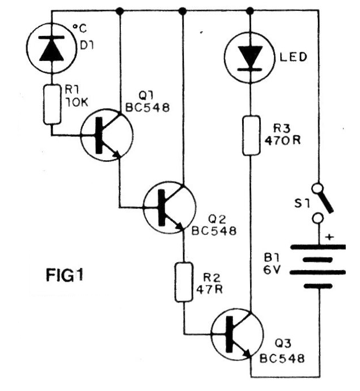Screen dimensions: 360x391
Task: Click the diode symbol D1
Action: pyautogui.click(x=52, y=48)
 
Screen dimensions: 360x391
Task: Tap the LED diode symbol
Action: pyautogui.click(x=250, y=58)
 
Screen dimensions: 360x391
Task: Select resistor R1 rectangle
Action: pyautogui.click(x=52, y=104)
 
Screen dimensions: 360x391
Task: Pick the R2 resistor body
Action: pyautogui.click(x=184, y=282)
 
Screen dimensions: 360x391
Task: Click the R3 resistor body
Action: pyautogui.click(x=251, y=135)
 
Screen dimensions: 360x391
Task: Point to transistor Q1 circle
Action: pyautogui.click(x=107, y=135)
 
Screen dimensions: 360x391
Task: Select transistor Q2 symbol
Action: pyautogui.click(x=169, y=207)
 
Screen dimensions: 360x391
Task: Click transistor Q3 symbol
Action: pyautogui.click(x=237, y=334)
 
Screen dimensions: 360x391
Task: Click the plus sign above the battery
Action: pyautogui.click(x=330, y=237)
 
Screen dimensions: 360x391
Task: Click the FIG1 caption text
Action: pyautogui.click(x=64, y=275)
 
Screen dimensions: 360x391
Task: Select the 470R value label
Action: pyautogui.click(x=283, y=141)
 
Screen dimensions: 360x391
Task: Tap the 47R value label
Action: pyautogui.click(x=209, y=290)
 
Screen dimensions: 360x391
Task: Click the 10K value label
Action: pyautogui.click(x=76, y=102)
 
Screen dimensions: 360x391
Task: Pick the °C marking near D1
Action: pyautogui.click(x=80, y=28)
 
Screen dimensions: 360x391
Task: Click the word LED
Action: pyautogui.click(x=293, y=57)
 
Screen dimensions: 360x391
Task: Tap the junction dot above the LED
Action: pyautogui.click(x=250, y=11)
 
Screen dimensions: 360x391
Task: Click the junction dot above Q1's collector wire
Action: pyautogui.click(x=120, y=11)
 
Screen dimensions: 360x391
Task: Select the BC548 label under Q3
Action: pyautogui.click(x=282, y=359)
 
